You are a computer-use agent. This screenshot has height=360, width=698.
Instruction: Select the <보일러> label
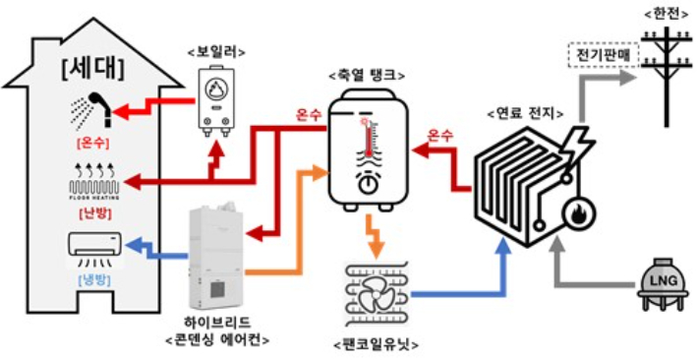pyautogui.click(x=215, y=51)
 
